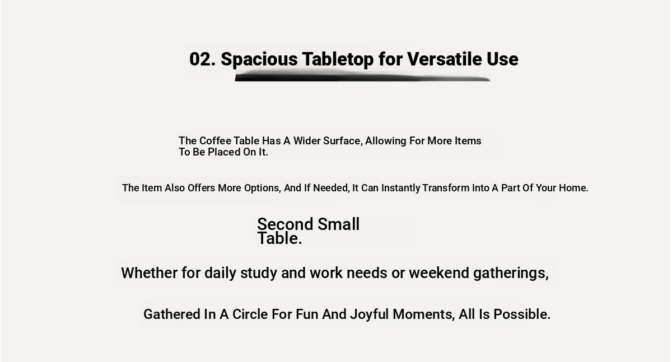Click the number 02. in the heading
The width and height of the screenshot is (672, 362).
(203, 59)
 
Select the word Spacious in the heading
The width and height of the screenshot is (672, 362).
(259, 60)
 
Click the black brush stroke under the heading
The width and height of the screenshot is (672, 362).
(362, 76)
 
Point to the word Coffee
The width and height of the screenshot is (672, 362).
(215, 140)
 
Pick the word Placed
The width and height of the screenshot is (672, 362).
(224, 152)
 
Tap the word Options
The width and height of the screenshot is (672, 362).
(263, 188)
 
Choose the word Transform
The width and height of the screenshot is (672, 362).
(446, 188)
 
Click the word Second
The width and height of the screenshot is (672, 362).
(285, 224)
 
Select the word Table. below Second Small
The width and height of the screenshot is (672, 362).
(279, 238)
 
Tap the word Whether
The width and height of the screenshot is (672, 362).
(149, 273)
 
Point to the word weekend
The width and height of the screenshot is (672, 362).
(439, 273)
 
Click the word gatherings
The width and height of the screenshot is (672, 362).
(511, 274)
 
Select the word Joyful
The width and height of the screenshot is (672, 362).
(369, 315)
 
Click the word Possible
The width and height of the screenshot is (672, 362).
(522, 314)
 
